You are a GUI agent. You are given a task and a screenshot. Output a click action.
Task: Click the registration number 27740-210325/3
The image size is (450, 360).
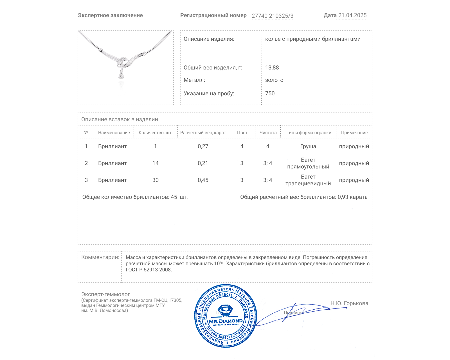coord(272,16)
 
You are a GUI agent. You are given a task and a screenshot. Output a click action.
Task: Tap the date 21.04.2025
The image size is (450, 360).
coord(352,15)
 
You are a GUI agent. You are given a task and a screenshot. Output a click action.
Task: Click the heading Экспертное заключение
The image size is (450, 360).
coord(110,15)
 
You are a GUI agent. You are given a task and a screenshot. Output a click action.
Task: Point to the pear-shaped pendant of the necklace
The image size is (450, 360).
coord(121,75)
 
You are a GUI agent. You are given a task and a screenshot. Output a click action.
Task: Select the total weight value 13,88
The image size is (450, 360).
coord(272,67)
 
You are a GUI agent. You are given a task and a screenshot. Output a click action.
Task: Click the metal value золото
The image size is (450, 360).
coord(274,80)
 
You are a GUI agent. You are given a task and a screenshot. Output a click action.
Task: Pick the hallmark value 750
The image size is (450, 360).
coord(270,93)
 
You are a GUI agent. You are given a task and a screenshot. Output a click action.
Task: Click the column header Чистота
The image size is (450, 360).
coord(268,133)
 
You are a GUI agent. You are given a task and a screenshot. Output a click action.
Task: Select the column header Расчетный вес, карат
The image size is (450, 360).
coord(203,133)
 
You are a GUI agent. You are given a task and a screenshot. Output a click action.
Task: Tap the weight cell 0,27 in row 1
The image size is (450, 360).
coord(203,146)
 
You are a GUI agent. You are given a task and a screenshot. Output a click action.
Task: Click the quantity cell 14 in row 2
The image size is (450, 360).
coord(156,163)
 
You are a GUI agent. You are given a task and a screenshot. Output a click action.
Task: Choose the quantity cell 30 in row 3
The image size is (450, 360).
coord(156,180)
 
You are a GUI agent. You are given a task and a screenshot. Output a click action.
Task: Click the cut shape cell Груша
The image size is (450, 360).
coord(308,146)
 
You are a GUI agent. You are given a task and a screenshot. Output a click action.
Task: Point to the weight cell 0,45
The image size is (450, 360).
coord(203,180)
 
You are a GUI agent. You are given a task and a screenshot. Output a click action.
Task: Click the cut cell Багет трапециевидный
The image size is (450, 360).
coord(308,180)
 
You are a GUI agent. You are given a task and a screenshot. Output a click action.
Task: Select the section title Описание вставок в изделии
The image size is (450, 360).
coord(120,119)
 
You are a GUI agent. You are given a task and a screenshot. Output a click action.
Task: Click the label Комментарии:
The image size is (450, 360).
coord(100,257)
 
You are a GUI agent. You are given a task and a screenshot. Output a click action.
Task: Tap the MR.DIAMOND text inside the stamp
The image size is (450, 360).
coord(226,321)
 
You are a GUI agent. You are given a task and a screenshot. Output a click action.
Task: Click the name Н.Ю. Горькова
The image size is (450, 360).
coord(349,303)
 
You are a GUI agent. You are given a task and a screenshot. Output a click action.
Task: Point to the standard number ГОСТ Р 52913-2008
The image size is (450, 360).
coord(148,270)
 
